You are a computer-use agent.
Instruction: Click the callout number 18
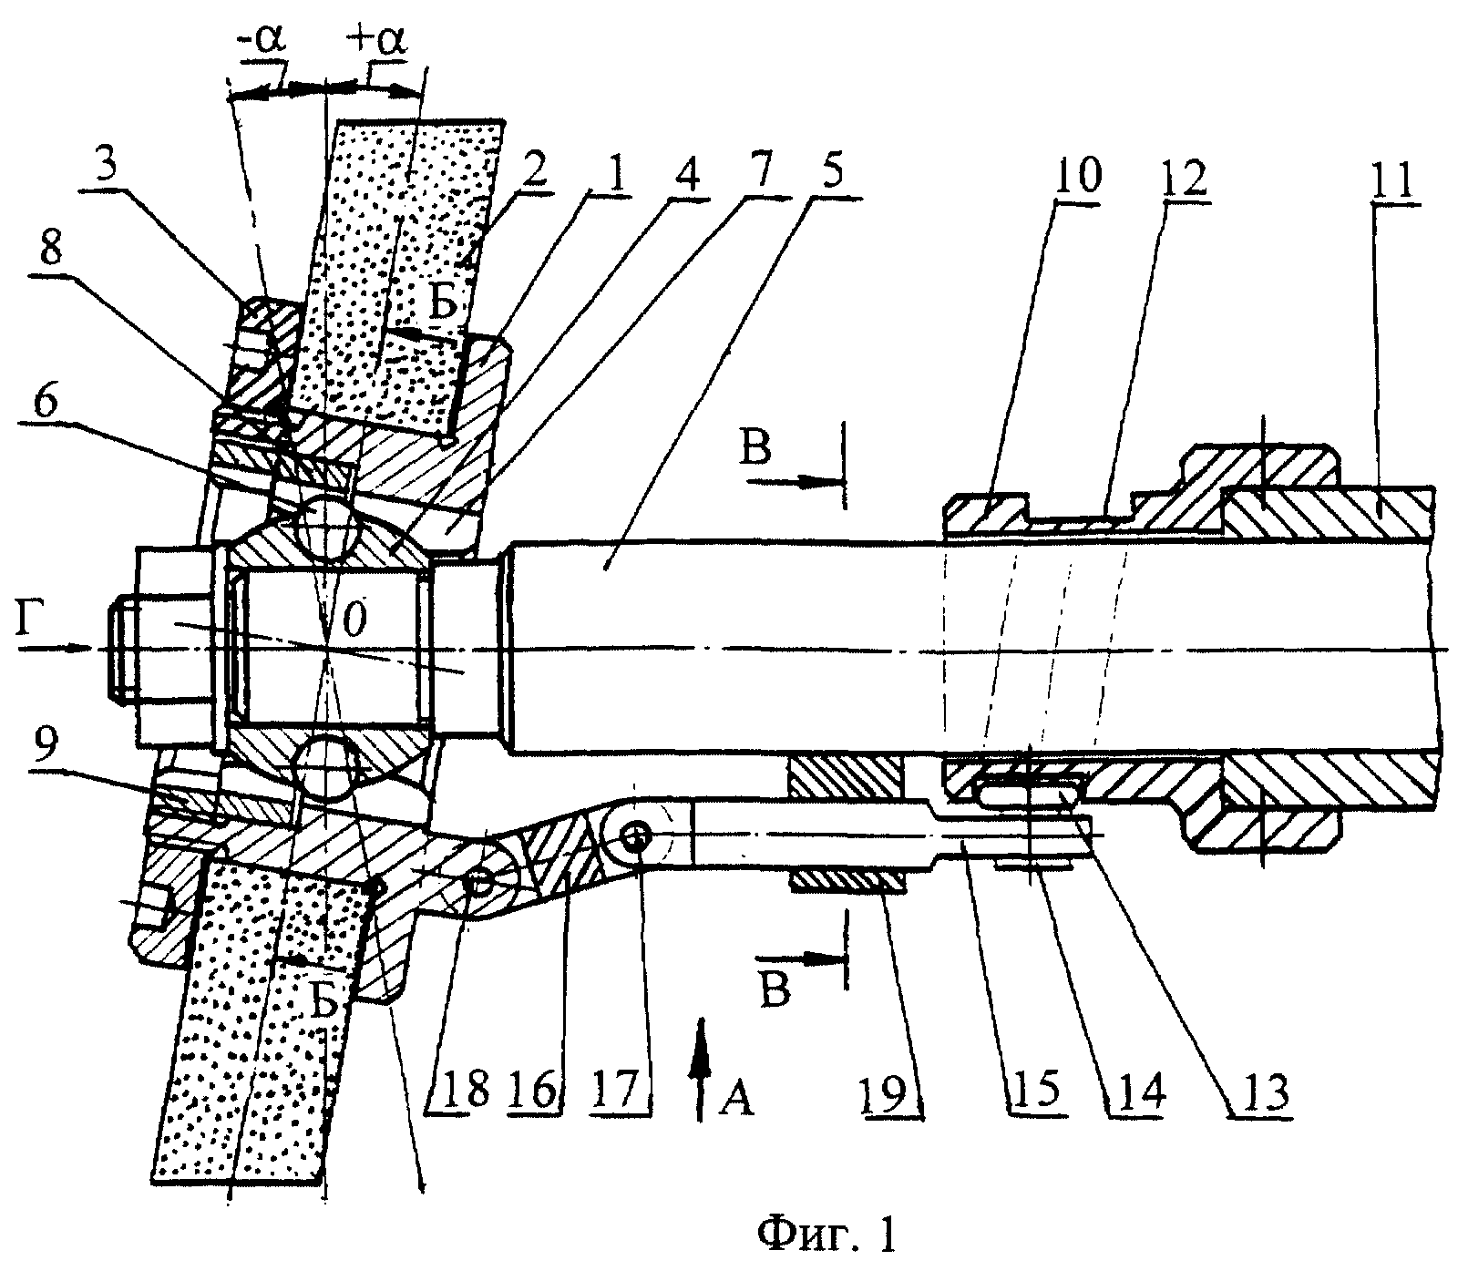(x=463, y=1086)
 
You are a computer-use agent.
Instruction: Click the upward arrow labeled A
(x=699, y=1068)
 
